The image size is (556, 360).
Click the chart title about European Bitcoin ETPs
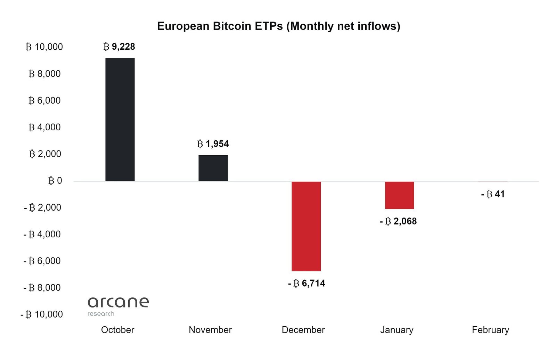(278, 26)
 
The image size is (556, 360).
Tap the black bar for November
(213, 168)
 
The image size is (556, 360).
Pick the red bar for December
(306, 226)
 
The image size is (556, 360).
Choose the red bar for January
(399, 195)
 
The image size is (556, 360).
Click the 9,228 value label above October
(119, 47)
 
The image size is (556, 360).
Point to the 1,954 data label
(213, 144)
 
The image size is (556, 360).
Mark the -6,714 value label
(306, 284)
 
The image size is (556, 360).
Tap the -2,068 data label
(398, 221)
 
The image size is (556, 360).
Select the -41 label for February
(493, 194)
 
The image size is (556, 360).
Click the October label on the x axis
(117, 330)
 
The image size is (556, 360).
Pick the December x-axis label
(303, 330)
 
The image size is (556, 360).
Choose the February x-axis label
(490, 330)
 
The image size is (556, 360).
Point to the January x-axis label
(396, 330)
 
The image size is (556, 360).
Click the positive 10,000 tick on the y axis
(44, 47)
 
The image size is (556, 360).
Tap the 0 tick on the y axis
(55, 181)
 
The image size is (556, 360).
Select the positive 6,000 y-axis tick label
(44, 100)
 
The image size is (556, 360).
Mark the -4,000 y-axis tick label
(42, 234)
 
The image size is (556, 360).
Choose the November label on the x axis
(210, 330)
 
